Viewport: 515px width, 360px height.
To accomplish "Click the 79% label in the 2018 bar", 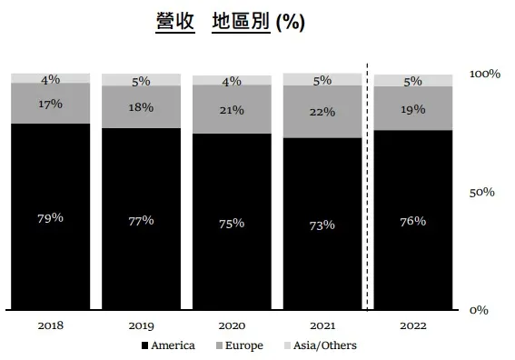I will point(51,217).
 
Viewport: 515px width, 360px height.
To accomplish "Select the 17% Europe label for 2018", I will point(51,104).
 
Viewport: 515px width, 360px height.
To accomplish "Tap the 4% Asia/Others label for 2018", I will point(51,80).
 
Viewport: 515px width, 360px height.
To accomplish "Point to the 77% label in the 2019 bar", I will point(141,220).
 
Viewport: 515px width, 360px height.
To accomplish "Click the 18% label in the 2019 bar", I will point(141,106).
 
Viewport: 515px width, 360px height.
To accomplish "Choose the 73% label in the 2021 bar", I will point(322,225).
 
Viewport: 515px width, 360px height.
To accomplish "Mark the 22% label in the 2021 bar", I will point(322,111).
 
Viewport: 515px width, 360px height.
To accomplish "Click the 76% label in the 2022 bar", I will point(413,221).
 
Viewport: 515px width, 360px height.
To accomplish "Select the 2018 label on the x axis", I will point(51,325).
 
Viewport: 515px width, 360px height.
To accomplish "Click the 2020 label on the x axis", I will point(232,325).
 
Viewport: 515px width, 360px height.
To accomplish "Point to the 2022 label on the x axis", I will point(413,325).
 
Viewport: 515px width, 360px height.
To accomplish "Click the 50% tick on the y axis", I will point(482,193).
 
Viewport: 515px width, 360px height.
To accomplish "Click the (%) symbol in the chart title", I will point(290,23).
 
